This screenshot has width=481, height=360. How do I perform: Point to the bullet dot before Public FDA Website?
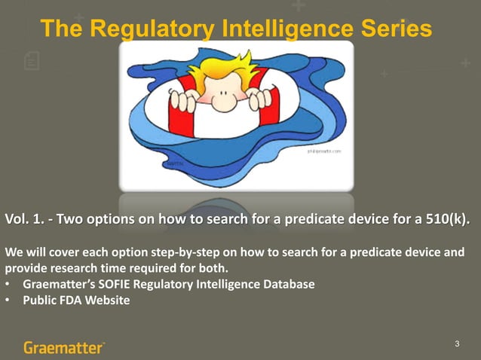tap(8, 301)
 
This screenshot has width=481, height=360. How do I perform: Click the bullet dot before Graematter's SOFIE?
tap(8, 285)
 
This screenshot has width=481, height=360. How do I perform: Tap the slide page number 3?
tap(457, 344)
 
